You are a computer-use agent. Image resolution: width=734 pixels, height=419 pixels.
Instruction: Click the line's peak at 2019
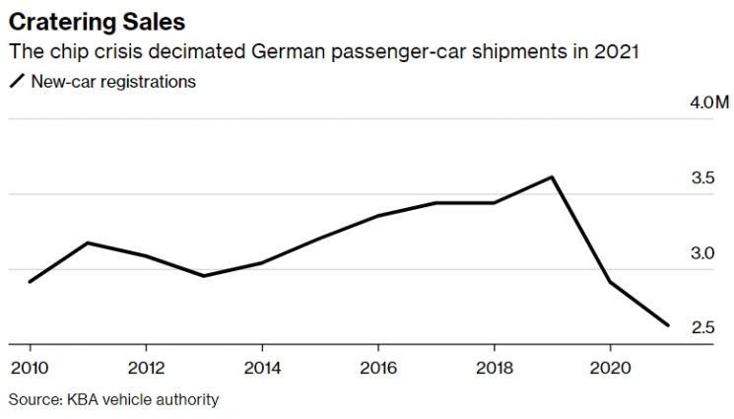pyautogui.click(x=553, y=177)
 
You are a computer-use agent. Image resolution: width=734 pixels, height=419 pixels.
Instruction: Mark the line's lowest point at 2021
pyautogui.click(x=669, y=325)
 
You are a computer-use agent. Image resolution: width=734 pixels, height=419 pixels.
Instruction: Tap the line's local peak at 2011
pyautogui.click(x=88, y=243)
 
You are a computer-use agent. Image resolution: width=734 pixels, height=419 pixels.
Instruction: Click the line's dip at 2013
pyautogui.click(x=204, y=276)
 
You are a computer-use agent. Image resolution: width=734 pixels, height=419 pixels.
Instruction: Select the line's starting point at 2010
pyautogui.click(x=30, y=282)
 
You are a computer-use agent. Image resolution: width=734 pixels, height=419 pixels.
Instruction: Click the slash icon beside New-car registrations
pyautogui.click(x=16, y=83)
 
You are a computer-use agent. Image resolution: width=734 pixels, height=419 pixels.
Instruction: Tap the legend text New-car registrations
pyautogui.click(x=112, y=83)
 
